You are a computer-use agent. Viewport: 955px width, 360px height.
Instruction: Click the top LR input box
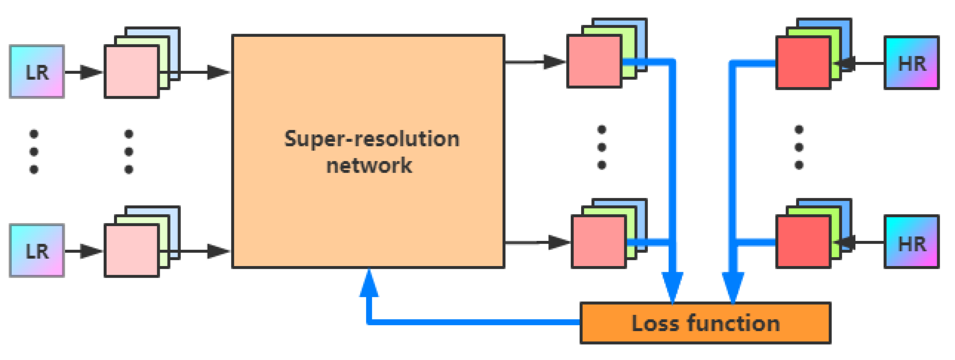(x=37, y=72)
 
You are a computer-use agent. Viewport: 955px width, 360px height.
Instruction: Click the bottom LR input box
(x=37, y=251)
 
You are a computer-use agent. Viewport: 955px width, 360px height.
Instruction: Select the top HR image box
(x=911, y=63)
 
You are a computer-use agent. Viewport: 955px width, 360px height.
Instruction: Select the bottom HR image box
(x=911, y=242)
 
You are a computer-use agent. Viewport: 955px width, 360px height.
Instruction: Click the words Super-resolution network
(x=371, y=152)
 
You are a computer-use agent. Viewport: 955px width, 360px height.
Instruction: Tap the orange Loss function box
(x=705, y=323)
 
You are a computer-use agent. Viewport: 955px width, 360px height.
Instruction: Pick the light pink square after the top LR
(x=132, y=72)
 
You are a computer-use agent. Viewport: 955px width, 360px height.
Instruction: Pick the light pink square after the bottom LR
(x=132, y=251)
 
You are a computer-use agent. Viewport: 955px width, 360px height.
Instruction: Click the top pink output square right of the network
(x=594, y=62)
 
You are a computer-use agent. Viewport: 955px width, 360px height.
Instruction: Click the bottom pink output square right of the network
(x=598, y=242)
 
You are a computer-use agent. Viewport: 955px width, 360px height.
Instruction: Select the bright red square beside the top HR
(x=803, y=63)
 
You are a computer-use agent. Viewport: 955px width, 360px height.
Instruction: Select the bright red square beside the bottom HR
(x=803, y=242)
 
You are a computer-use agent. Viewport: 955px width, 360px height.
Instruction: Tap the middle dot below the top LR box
(x=34, y=152)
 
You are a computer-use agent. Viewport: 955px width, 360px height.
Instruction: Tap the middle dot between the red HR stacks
(x=799, y=147)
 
